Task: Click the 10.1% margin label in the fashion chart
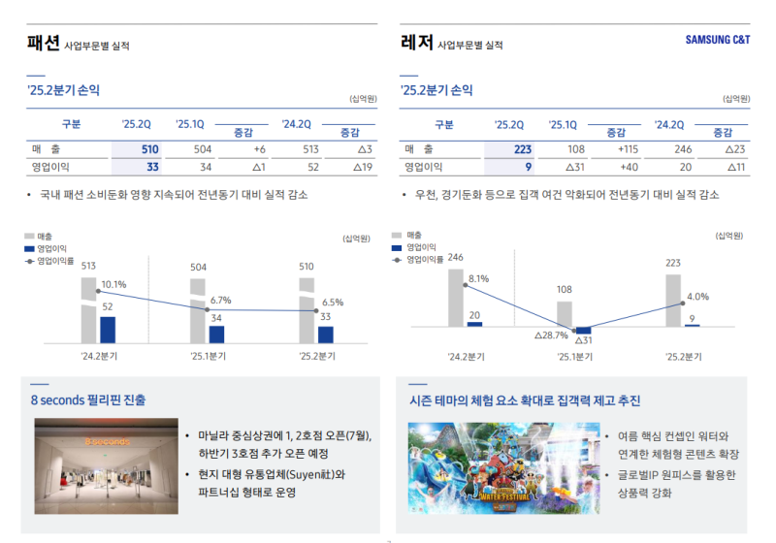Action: point(113,284)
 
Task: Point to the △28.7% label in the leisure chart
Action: point(550,335)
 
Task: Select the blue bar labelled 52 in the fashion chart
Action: point(108,329)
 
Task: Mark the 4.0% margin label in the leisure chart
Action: point(697,297)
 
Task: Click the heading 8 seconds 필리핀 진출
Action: point(88,399)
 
